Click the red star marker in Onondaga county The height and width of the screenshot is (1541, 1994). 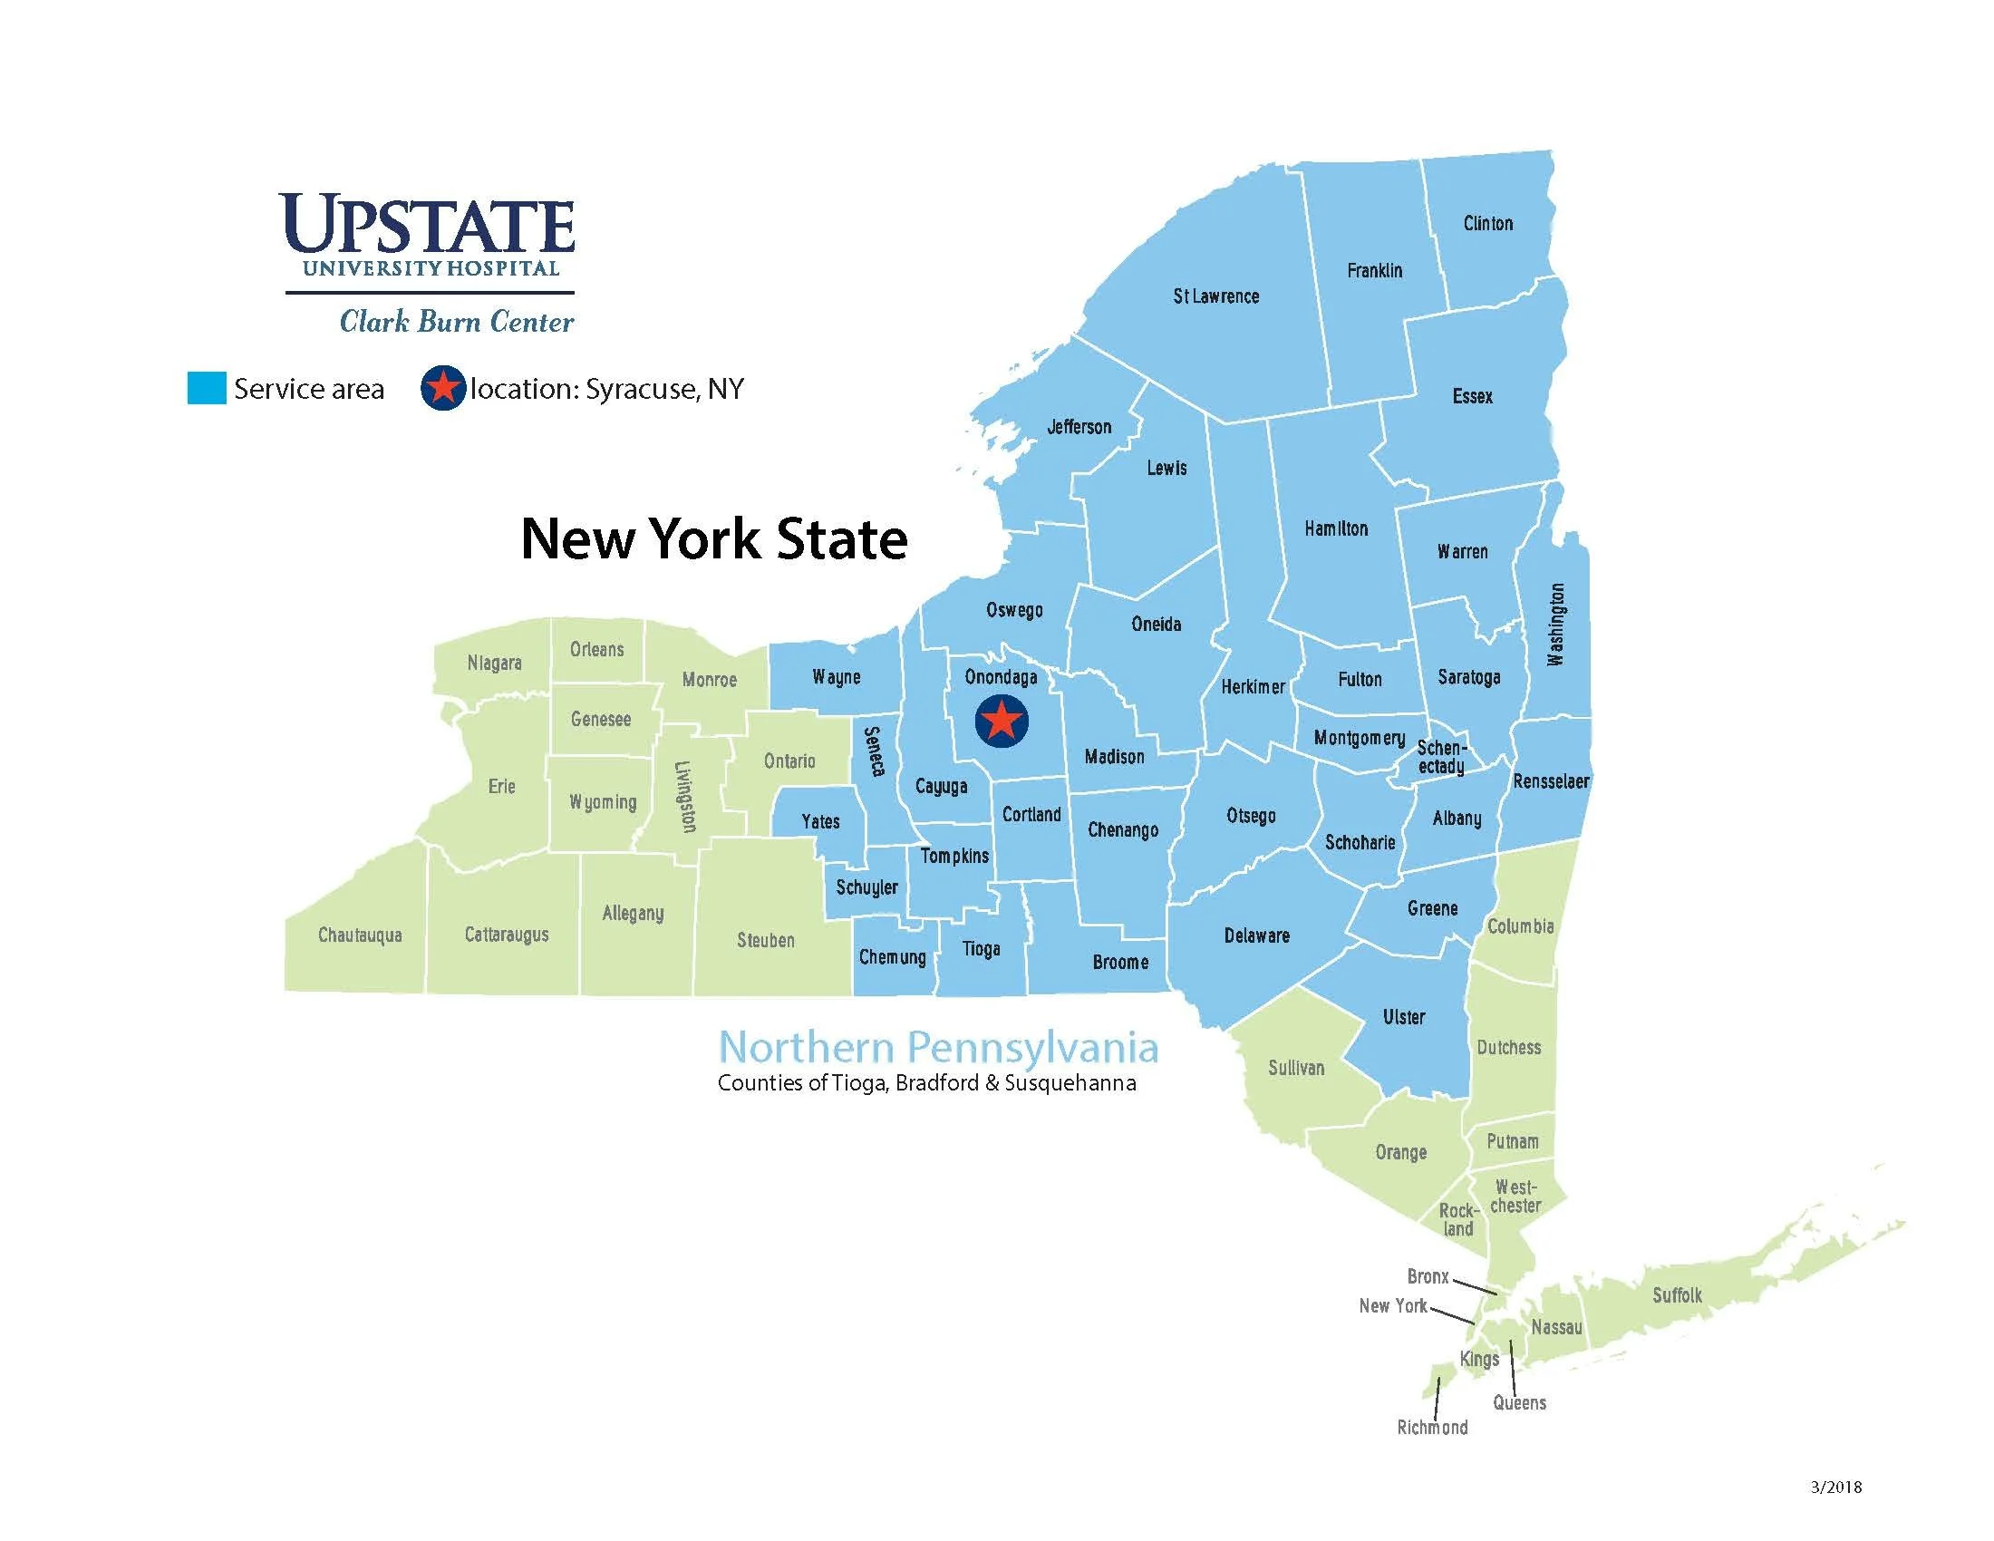[x=1002, y=722]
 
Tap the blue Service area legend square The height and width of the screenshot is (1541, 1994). [x=207, y=388]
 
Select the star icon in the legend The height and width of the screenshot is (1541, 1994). [x=443, y=388]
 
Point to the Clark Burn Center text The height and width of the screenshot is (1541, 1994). [x=457, y=322]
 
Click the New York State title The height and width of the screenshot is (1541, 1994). [x=714, y=538]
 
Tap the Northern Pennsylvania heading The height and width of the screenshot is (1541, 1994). [x=938, y=1047]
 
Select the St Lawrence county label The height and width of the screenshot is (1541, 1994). [x=1215, y=296]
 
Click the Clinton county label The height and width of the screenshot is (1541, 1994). [x=1487, y=224]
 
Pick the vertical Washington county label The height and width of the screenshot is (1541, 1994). [x=1555, y=625]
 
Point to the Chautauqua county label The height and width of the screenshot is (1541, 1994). [x=360, y=935]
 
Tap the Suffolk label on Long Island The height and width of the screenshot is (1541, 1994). [x=1677, y=1294]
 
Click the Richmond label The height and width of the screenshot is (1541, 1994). [x=1431, y=1427]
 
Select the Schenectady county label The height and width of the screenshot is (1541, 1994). [x=1442, y=757]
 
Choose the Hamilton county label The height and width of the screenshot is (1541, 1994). [x=1336, y=528]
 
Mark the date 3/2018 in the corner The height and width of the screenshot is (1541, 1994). [x=1836, y=1488]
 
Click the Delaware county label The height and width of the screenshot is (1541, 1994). [x=1256, y=935]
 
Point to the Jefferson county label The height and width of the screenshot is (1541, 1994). [x=1079, y=426]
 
